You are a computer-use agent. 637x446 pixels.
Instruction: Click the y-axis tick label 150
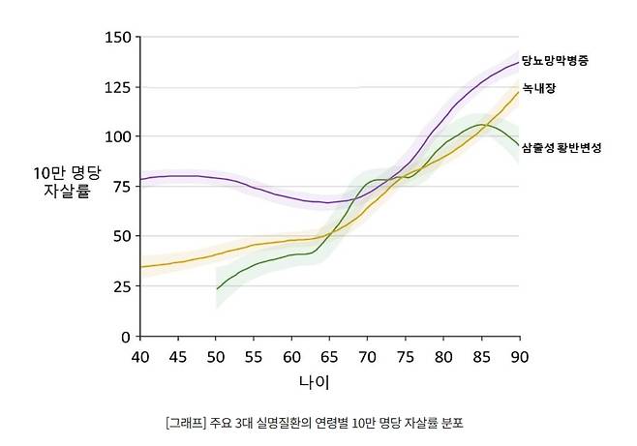coord(117,38)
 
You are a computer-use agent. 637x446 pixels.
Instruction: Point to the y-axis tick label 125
coord(117,88)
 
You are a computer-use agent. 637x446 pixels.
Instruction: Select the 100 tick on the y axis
coord(117,136)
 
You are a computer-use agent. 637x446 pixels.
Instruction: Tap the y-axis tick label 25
coord(121,286)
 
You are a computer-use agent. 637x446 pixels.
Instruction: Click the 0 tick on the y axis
coord(125,337)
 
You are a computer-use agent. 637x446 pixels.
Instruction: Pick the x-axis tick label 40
coord(140,356)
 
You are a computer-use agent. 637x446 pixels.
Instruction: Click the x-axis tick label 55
coord(254,356)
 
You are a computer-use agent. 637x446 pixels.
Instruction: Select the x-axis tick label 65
coord(330,356)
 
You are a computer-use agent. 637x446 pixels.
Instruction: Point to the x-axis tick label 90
coord(520,356)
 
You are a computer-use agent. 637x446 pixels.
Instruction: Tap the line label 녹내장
coord(538,88)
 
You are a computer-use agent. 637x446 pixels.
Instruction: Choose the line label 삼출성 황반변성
coord(561,148)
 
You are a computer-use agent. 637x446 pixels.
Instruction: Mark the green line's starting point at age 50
coord(217,288)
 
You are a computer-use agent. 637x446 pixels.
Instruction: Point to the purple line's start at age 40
coord(141,179)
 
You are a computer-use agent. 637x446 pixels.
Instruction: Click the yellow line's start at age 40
coord(141,267)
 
